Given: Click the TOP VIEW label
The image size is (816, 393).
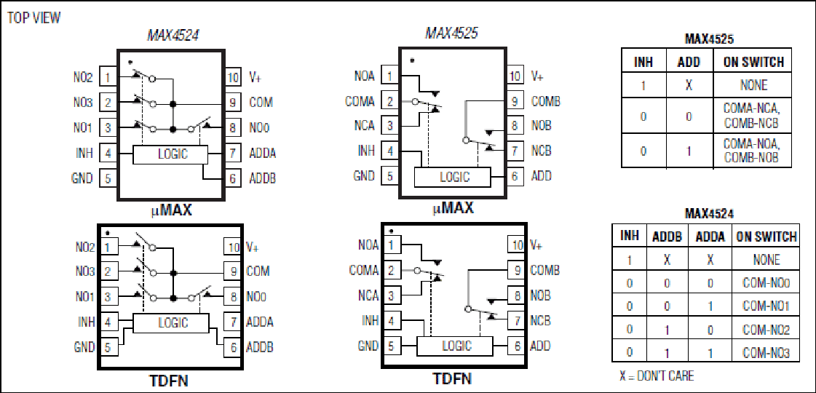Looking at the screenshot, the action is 33,17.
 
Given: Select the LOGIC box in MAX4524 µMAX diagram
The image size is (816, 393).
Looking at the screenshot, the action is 170,154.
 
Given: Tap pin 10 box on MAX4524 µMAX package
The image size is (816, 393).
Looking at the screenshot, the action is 233,78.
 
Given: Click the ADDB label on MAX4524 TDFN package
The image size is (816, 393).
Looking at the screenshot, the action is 258,346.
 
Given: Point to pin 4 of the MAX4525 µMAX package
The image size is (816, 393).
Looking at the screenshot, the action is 389,151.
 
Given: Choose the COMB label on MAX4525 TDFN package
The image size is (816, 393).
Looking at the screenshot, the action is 545,270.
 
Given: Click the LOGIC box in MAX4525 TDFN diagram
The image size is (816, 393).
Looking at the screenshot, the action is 455,346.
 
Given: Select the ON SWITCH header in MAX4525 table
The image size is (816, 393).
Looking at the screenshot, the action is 753,62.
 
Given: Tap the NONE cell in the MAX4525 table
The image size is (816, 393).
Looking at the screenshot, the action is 753,84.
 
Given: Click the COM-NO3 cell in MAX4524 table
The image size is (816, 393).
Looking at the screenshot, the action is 766,353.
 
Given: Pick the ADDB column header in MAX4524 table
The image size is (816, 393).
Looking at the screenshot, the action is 667,237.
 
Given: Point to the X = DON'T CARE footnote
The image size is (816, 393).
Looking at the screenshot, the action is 657,376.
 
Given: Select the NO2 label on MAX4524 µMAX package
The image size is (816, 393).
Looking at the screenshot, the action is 82,78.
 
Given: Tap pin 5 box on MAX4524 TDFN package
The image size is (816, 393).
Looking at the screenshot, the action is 107,346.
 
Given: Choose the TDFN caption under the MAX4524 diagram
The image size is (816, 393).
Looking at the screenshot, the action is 170,381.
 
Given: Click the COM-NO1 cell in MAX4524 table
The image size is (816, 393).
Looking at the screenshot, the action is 766,306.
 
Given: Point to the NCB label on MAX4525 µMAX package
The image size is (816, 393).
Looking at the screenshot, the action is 542,151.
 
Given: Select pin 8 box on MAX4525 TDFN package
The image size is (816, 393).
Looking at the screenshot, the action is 515,295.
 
